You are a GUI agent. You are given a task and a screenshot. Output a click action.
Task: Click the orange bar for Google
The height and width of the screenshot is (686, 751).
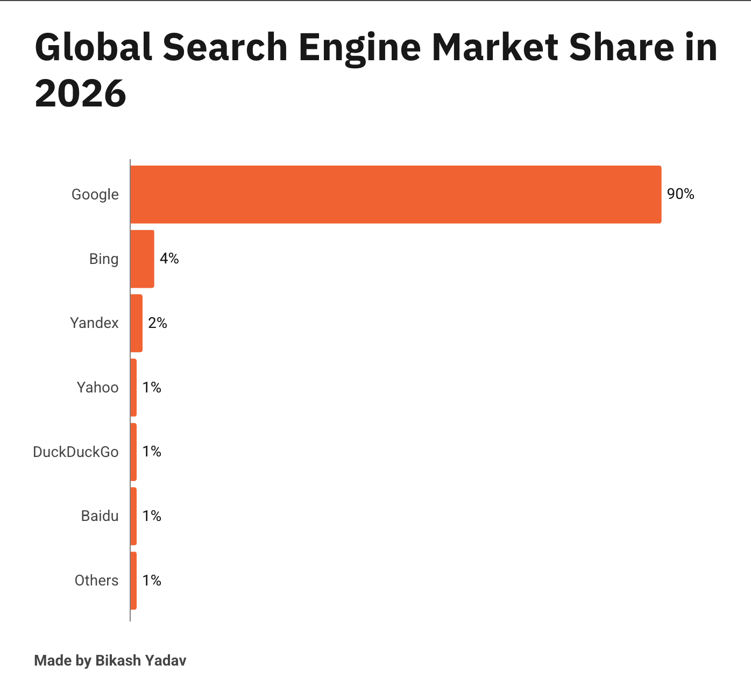click(x=395, y=194)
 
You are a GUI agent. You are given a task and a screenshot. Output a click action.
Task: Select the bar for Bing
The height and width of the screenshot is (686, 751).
click(x=142, y=259)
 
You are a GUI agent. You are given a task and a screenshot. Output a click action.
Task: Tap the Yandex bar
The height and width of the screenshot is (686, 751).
click(x=136, y=323)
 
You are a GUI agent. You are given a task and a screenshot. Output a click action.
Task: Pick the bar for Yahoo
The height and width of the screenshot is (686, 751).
click(x=133, y=388)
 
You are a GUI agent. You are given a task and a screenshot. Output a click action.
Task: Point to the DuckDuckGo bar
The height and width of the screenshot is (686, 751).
click(x=133, y=452)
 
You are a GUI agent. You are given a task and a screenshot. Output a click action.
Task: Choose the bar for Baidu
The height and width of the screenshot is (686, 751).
click(x=133, y=516)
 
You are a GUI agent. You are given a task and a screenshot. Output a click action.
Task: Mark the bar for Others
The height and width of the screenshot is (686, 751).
click(x=133, y=581)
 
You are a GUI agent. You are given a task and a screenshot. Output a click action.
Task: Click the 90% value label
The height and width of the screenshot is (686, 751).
click(x=681, y=194)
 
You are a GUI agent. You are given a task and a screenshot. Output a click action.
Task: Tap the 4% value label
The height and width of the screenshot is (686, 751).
click(x=169, y=259)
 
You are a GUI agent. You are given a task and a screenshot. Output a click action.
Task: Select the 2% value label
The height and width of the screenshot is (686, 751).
click(x=158, y=323)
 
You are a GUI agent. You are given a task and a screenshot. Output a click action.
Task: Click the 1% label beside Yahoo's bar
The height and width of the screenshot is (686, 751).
click(x=152, y=388)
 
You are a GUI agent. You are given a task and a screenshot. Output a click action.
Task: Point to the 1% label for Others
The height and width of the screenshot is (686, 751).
click(x=152, y=581)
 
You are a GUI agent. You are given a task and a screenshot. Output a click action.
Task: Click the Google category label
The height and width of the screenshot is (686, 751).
click(x=95, y=195)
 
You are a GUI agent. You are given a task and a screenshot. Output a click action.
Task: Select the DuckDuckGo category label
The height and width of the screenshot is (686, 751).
click(x=76, y=452)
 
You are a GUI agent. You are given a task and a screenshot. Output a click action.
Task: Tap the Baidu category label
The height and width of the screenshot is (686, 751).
click(x=100, y=516)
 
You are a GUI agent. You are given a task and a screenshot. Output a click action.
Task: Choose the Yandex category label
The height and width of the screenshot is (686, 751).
click(x=94, y=323)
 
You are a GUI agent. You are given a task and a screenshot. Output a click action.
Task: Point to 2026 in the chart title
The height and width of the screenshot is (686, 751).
click(x=81, y=94)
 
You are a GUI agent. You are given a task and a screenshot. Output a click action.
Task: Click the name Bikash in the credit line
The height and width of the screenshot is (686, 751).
click(x=117, y=661)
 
